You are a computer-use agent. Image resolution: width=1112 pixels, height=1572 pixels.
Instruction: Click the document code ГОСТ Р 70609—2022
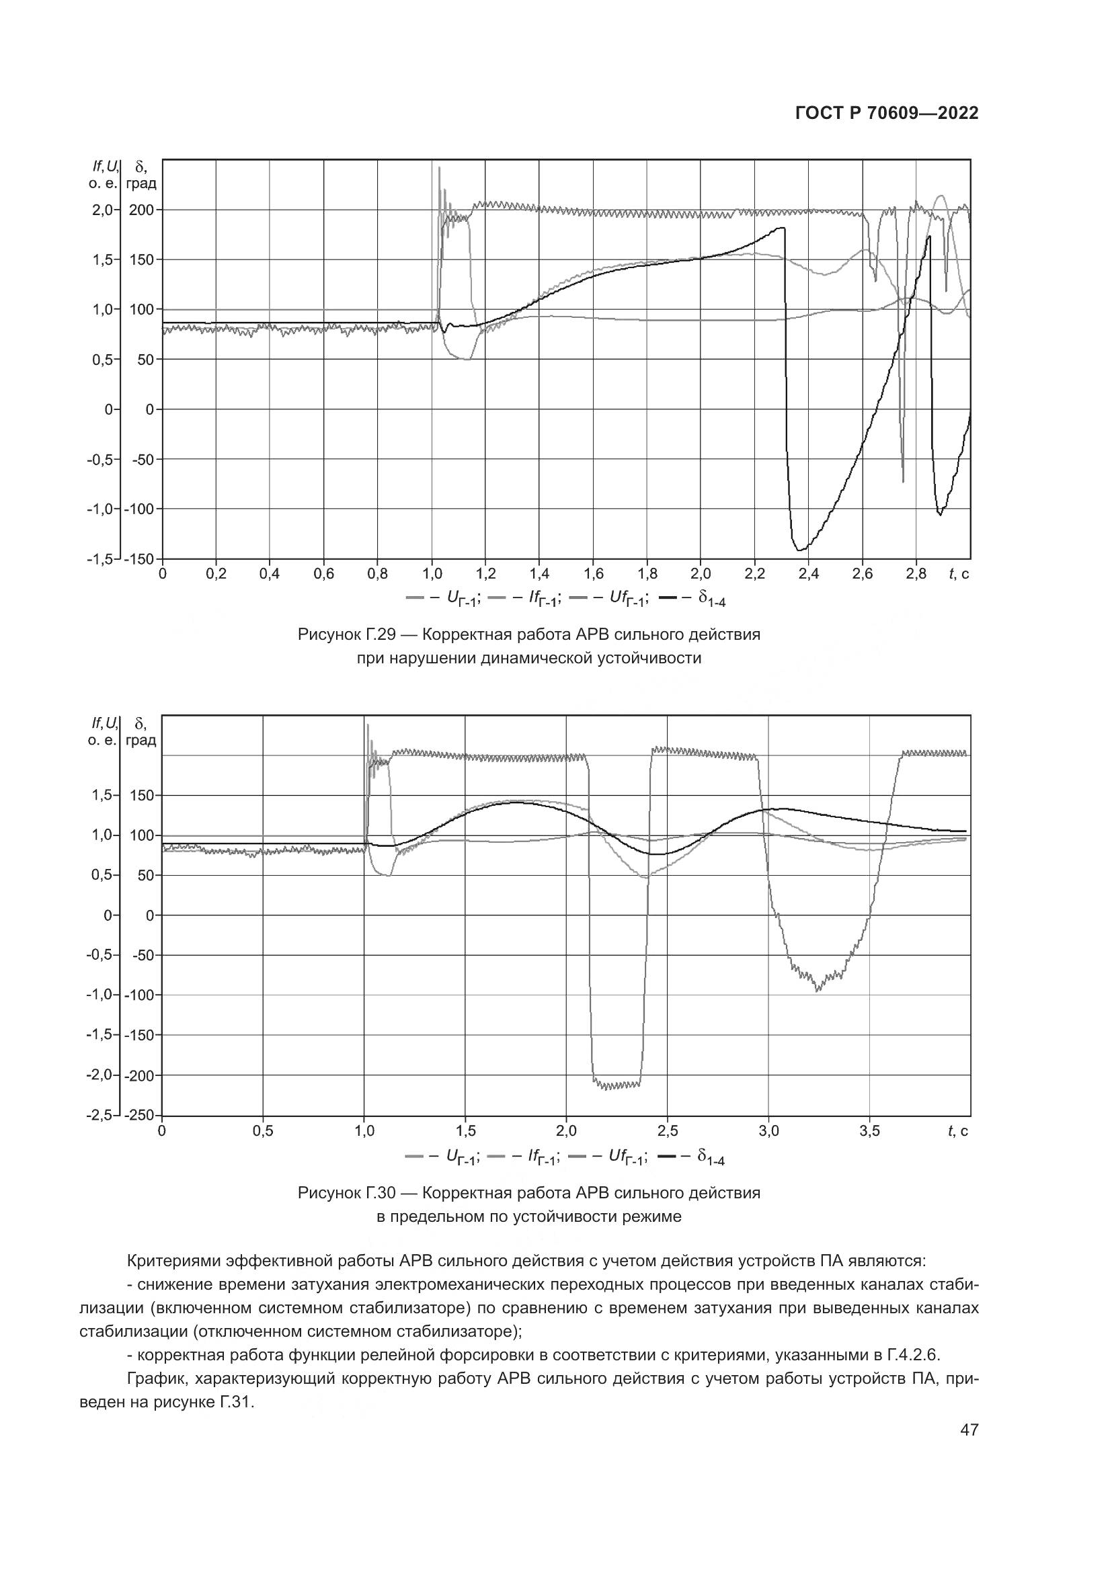click(886, 114)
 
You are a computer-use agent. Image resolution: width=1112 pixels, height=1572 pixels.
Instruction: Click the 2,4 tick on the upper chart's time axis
click(808, 574)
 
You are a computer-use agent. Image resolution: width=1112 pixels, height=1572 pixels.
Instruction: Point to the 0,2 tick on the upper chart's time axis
click(216, 574)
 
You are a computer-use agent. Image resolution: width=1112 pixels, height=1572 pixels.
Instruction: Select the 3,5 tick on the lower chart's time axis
click(869, 1131)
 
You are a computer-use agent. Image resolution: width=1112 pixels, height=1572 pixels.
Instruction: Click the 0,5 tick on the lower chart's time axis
click(263, 1131)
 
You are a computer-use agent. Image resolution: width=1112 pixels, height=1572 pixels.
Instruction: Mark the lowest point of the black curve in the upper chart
click(799, 550)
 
